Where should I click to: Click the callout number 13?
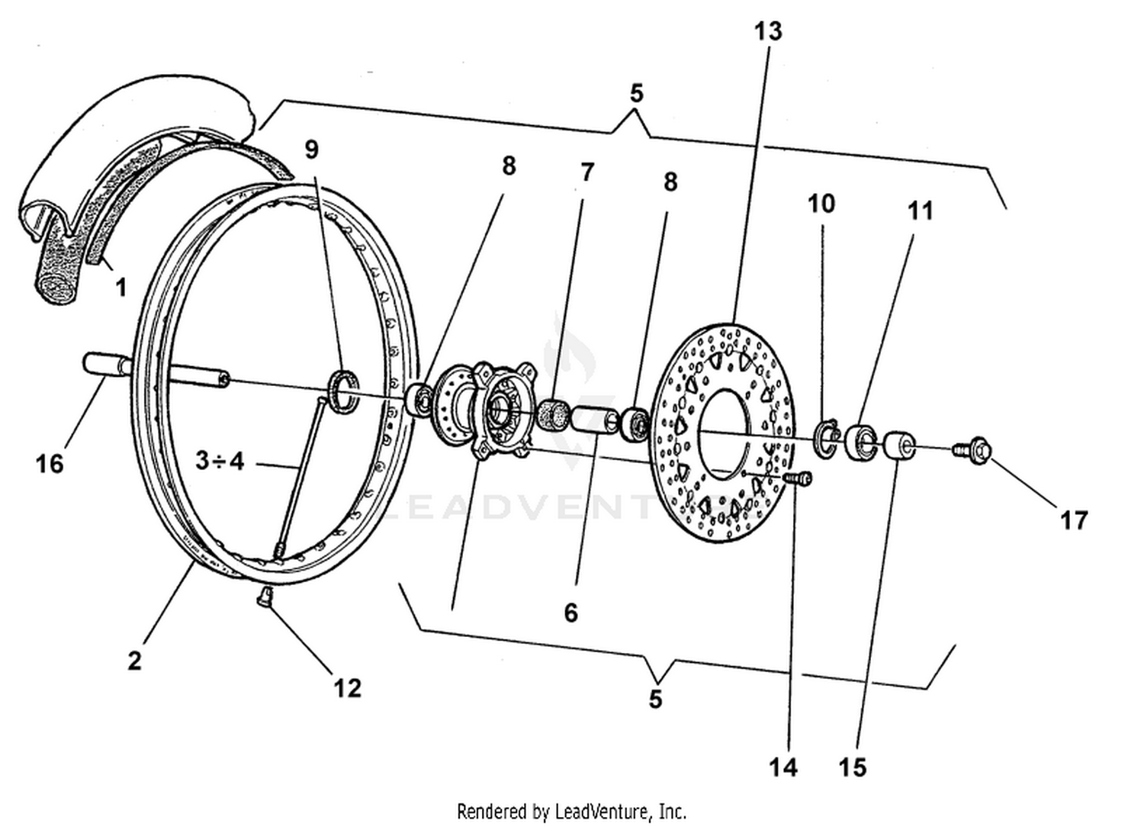(x=768, y=31)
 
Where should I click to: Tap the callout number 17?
(x=1073, y=520)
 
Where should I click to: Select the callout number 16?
(x=50, y=463)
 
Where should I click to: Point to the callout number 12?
(x=347, y=688)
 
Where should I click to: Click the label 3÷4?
(x=220, y=462)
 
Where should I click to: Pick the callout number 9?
(x=311, y=149)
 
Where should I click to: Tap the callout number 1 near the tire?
(x=121, y=288)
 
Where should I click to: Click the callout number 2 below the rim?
(x=134, y=660)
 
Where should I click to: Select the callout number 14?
(x=782, y=767)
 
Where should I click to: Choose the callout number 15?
(x=853, y=767)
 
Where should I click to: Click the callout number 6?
(x=571, y=612)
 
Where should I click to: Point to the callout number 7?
(x=586, y=172)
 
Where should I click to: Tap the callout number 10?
(x=821, y=203)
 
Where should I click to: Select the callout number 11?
(x=921, y=210)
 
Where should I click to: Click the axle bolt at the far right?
(x=974, y=452)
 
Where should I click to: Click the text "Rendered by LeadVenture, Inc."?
(x=571, y=810)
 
